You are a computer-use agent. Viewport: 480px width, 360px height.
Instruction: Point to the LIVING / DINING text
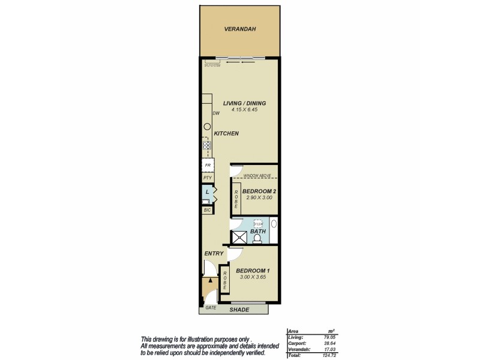click(244, 103)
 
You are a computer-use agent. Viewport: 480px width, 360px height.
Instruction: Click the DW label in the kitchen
click(215, 113)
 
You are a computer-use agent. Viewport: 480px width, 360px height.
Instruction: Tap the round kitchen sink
click(207, 127)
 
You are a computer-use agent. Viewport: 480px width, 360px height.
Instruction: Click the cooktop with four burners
click(207, 145)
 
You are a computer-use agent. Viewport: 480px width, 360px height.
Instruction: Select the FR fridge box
click(208, 165)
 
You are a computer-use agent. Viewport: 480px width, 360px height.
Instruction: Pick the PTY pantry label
click(208, 178)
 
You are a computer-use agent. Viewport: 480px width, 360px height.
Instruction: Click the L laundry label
click(207, 192)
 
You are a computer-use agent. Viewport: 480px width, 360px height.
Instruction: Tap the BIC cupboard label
click(207, 210)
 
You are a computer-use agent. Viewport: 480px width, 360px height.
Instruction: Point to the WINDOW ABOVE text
click(257, 175)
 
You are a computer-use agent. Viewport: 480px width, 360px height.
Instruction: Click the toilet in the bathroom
click(257, 238)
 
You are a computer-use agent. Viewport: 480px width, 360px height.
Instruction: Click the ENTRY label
click(214, 254)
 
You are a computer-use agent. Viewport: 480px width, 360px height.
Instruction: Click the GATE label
click(211, 308)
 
